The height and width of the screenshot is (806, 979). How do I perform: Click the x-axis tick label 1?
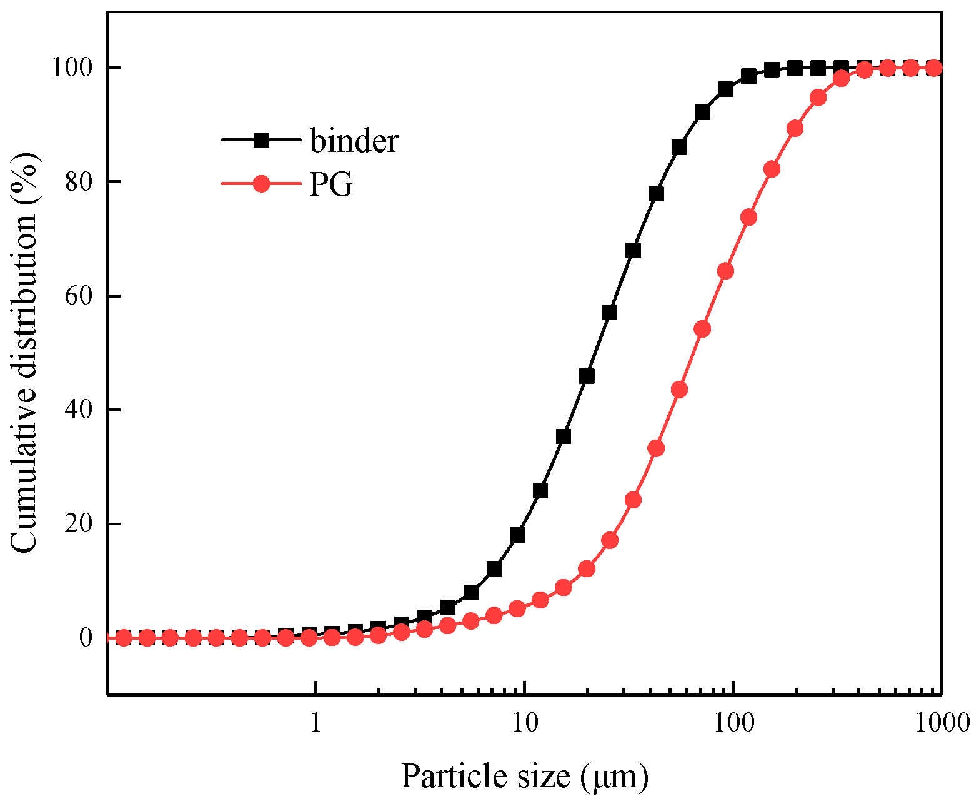click(316, 723)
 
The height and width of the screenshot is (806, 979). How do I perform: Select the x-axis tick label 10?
click(525, 723)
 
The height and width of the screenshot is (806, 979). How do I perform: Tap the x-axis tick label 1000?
click(940, 723)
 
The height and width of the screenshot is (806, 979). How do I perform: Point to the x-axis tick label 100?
click(733, 723)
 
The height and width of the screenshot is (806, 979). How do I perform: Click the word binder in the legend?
click(354, 141)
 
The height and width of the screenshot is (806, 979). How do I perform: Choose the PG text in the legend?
click(331, 184)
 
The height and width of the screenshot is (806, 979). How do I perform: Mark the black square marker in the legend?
click(261, 140)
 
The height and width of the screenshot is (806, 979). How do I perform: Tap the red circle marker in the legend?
click(261, 184)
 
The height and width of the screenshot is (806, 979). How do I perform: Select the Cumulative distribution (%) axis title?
click(25, 353)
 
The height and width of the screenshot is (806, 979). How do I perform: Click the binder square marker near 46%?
click(587, 376)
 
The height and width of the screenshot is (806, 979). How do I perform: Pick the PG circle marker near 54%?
click(702, 329)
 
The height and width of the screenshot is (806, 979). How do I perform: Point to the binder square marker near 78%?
click(656, 194)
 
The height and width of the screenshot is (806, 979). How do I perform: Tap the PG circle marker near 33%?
click(656, 448)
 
